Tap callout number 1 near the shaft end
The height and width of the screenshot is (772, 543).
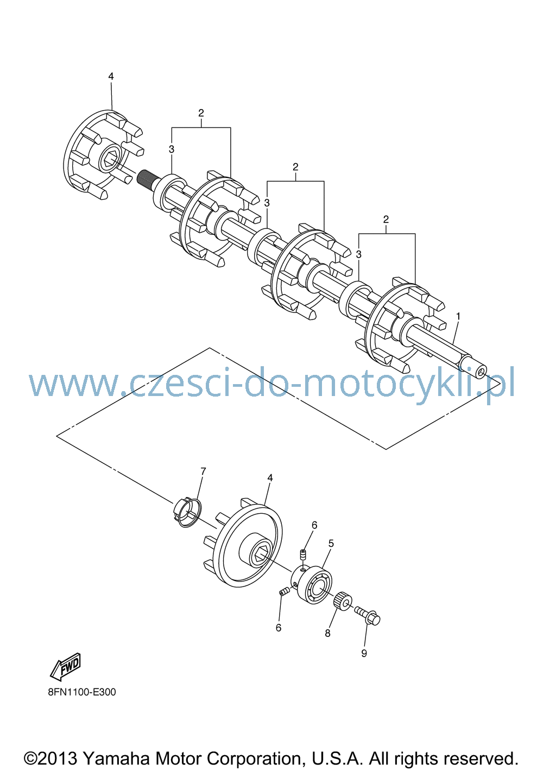(x=458, y=316)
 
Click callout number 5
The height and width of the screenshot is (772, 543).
(x=331, y=544)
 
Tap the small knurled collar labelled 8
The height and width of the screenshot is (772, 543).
(x=343, y=600)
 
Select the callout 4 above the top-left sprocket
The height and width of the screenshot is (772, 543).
(x=111, y=76)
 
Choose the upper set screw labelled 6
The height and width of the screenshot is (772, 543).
(x=303, y=556)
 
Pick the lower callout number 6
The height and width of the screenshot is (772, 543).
(x=279, y=628)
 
